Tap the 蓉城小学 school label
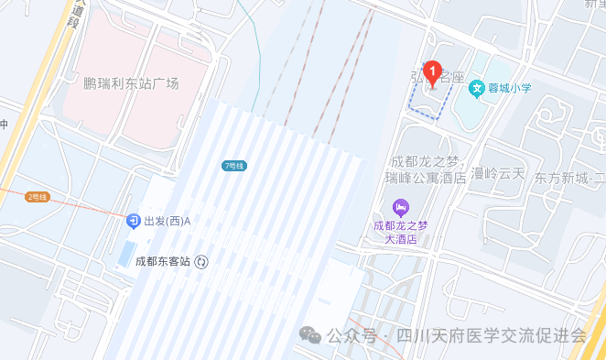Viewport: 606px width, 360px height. [511, 88]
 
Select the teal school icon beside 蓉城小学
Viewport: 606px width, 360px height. [476, 89]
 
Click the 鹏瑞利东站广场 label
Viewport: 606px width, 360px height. [131, 83]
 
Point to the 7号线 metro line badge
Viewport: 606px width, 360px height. [234, 166]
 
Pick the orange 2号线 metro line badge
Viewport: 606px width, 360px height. [38, 197]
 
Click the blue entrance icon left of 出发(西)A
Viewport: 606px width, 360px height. [134, 222]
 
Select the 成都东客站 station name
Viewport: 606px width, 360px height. [162, 261]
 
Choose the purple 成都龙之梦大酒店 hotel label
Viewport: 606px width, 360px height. [400, 231]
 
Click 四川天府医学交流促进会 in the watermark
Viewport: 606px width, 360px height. [488, 336]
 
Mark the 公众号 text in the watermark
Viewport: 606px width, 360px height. [351, 336]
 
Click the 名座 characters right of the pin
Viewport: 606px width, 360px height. [450, 80]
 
